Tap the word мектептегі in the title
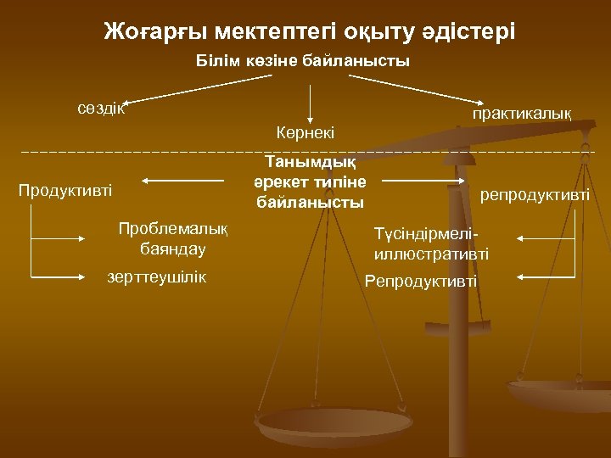pos(274,32)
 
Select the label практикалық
pos(522,113)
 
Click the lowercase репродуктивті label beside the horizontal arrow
pos(535,195)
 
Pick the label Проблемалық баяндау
pos(174,239)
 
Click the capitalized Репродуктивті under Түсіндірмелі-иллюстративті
pos(420,281)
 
